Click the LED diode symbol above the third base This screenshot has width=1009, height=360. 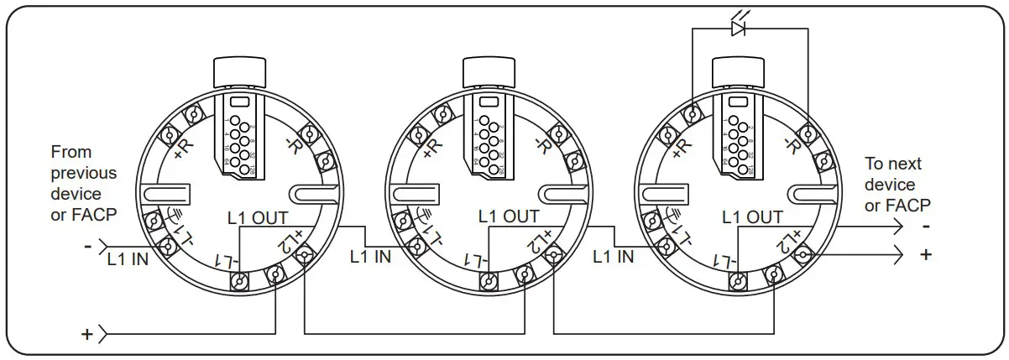coord(739,29)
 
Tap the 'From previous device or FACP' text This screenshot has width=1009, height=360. coord(84,184)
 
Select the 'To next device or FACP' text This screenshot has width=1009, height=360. coord(897,184)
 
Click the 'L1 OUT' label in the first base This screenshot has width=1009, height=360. coord(258,217)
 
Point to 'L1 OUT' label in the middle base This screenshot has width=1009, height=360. coord(509,217)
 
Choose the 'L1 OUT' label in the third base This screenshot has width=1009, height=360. coord(752,217)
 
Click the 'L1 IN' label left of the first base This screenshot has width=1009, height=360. coord(128,259)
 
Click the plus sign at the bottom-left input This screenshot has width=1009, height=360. coord(86,335)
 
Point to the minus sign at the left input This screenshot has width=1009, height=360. coord(87,247)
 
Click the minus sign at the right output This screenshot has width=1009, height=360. coord(925,227)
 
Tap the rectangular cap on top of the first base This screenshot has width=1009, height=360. coord(240,72)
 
